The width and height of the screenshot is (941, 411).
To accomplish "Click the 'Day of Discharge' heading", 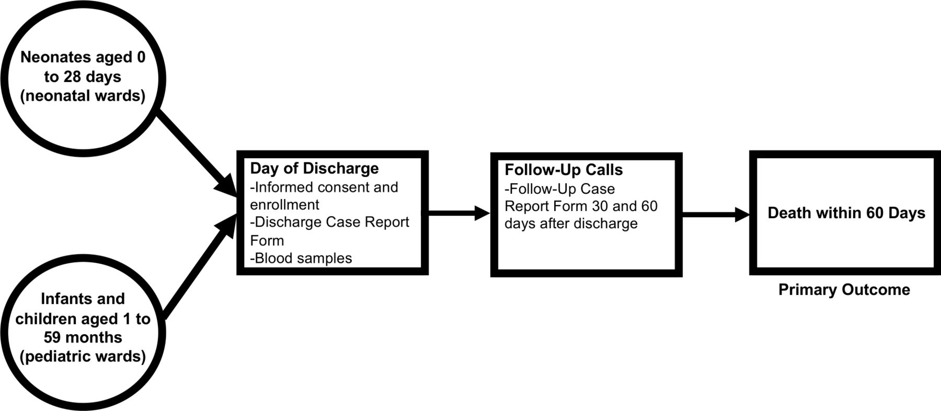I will pos(314,169).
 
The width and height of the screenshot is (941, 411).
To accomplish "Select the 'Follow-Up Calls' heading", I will pos(564,170).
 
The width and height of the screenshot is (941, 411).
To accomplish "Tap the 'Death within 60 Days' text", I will pos(846,213).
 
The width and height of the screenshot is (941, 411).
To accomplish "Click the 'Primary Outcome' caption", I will pos(844,290).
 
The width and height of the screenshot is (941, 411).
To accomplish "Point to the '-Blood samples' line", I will pos(301,258).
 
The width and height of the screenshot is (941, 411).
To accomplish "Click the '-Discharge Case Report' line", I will pos(329,222).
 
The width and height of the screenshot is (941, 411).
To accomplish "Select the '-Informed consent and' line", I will pos(324,187).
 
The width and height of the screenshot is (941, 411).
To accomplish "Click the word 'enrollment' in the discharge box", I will pos(284,204).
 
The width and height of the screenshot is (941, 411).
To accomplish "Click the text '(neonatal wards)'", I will pos(83,96).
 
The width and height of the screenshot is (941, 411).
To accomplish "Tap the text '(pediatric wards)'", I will pos(83,356).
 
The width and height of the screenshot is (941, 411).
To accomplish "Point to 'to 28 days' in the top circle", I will pos(83,77).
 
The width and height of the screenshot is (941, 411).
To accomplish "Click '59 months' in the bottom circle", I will pos(83,337).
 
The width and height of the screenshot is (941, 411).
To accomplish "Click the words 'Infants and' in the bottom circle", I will pos(83,299).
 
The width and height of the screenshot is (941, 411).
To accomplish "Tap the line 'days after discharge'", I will pos(571,224).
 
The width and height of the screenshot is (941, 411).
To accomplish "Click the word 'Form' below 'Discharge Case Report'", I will pos(267,241).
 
